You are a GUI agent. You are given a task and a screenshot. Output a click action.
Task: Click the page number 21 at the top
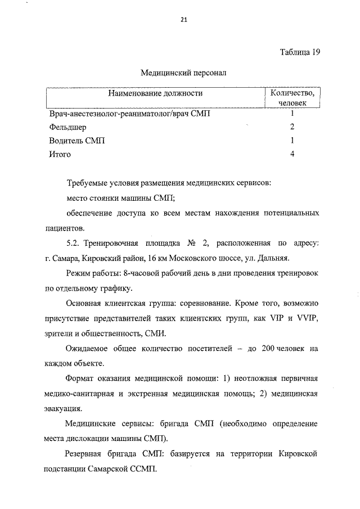(183, 20)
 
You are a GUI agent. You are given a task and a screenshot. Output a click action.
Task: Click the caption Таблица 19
(300, 52)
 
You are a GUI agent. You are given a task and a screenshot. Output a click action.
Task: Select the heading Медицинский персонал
(182, 73)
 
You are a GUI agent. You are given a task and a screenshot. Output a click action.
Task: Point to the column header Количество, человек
(292, 98)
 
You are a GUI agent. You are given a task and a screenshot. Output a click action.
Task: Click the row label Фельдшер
(67, 127)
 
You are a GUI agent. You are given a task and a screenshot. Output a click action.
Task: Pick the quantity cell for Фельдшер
(292, 127)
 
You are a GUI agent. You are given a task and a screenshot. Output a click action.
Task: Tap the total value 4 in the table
(292, 154)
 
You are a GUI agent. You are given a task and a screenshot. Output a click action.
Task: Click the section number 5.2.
(73, 243)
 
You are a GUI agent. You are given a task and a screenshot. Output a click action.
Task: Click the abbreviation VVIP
(308, 319)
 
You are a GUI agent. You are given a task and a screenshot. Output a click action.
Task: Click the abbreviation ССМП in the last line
(146, 468)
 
